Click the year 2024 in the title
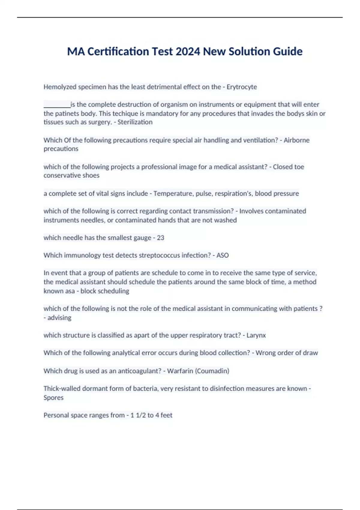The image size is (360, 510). click(188, 52)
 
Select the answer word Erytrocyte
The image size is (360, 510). click(241, 87)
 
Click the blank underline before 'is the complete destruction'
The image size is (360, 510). click(57, 105)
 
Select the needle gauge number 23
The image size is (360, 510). click(160, 238)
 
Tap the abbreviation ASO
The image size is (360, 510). click(223, 255)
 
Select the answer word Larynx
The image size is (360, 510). click(256, 335)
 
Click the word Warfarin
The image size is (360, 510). click(180, 371)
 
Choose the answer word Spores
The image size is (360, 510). click(53, 397)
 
